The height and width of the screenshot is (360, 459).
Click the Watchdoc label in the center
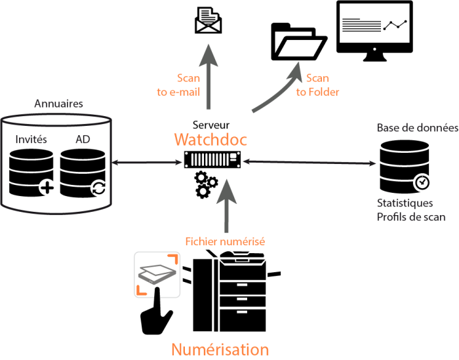pos(210,140)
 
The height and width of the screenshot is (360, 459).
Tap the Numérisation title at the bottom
pos(220,349)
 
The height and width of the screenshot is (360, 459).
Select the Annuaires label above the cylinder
pos(59,104)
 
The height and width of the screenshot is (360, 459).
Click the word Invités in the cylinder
pos(31,140)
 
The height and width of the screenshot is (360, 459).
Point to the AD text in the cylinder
pos(83,140)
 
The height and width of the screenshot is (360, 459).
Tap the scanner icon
pos(157,274)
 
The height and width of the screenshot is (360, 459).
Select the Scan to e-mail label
pos(179,85)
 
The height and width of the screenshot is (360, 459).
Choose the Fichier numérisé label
pos(225,241)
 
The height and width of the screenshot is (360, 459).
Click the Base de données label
pos(417,128)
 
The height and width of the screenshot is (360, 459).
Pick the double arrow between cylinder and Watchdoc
pos(147,161)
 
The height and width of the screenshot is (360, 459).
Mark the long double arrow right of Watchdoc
pos(309,161)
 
